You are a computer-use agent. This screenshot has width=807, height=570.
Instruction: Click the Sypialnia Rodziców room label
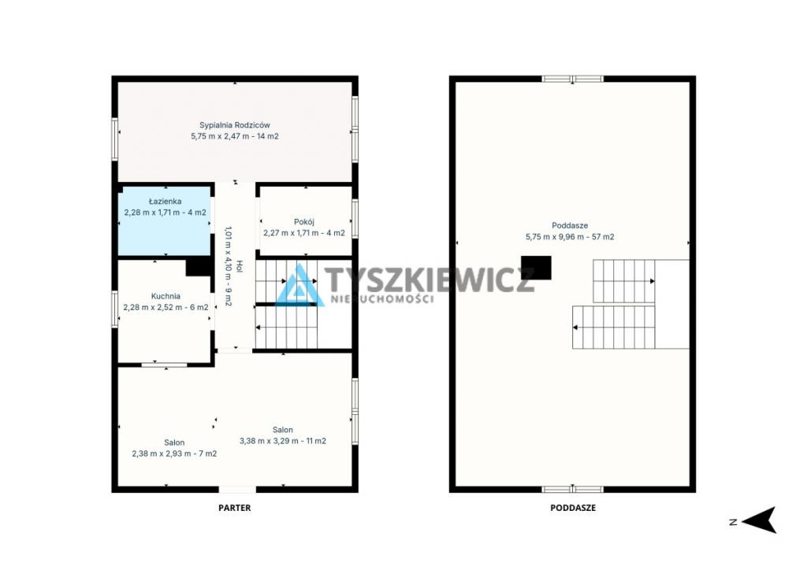click(x=235, y=125)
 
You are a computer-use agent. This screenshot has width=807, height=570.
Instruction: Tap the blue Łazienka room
click(x=164, y=221)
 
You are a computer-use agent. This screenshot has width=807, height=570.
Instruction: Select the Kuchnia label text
click(x=165, y=296)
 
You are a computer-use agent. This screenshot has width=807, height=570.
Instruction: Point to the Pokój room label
click(x=304, y=222)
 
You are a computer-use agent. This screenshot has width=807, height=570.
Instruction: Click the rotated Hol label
click(x=240, y=266)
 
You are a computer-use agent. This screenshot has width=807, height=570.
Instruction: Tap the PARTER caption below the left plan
click(x=235, y=508)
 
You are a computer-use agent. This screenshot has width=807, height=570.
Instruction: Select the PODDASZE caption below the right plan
click(x=573, y=508)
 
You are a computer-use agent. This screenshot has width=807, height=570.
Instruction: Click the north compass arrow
click(x=760, y=520)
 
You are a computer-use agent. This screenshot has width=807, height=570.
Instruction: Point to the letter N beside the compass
click(x=734, y=522)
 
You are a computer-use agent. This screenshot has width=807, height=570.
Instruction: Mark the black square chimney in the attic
click(x=536, y=268)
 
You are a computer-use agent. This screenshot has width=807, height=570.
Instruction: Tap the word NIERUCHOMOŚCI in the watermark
click(x=381, y=299)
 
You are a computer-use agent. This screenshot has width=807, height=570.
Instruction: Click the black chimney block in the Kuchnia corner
click(x=199, y=267)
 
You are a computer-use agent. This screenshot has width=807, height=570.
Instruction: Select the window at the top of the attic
click(x=572, y=80)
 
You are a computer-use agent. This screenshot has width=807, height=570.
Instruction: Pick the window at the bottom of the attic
click(x=572, y=490)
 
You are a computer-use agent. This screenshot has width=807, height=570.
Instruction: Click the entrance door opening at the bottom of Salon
click(x=237, y=490)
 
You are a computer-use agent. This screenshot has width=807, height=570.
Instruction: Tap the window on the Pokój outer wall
click(x=355, y=218)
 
